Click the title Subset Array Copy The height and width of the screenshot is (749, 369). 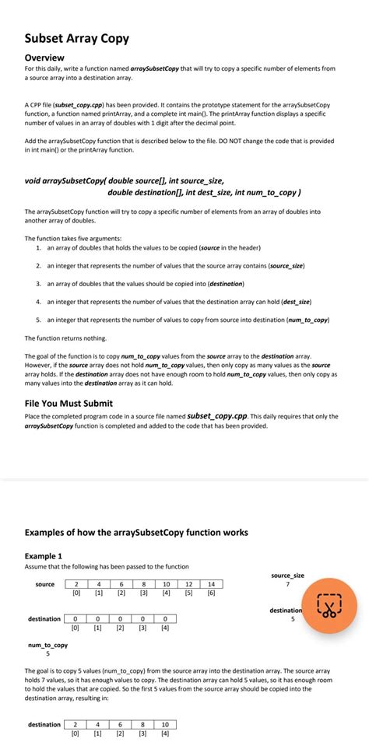pyautogui.click(x=76, y=38)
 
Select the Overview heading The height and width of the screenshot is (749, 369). pyautogui.click(x=50, y=58)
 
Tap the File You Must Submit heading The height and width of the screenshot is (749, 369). pyautogui.click(x=69, y=403)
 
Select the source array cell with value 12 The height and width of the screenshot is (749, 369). pyautogui.click(x=188, y=584)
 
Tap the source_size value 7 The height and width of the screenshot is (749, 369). pyautogui.click(x=287, y=583)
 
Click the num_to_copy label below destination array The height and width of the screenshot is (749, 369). pyautogui.click(x=47, y=645)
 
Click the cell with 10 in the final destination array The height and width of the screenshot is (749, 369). pyautogui.click(x=165, y=725)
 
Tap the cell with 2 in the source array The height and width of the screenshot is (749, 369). pyautogui.click(x=76, y=584)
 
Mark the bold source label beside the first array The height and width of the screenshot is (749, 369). pyautogui.click(x=45, y=584)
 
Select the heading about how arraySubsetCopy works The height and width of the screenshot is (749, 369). pyautogui.click(x=136, y=533)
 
